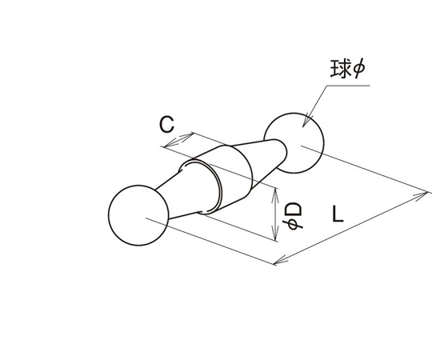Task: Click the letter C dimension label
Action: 167,125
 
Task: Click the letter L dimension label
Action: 338,214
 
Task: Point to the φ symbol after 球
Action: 358,69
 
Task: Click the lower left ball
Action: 138,215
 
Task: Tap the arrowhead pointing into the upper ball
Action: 306,121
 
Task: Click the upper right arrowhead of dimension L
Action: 421,196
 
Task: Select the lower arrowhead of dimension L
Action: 281,260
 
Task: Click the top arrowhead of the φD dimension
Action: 274,195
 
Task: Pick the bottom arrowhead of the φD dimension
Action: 274,234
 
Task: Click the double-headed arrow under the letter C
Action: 179,140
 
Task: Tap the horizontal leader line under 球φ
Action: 348,86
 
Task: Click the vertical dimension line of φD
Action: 274,214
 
